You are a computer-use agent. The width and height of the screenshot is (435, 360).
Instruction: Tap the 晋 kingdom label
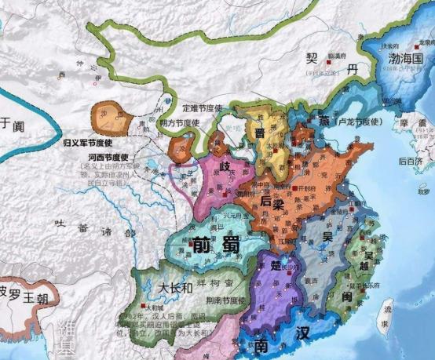pyautogui.click(x=258, y=133)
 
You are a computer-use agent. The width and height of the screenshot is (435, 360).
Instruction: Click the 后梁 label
pyautogui.click(x=269, y=201)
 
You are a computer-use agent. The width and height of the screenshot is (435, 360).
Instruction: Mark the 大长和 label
pyautogui.click(x=176, y=287)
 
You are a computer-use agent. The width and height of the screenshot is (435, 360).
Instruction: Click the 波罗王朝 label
pyautogui.click(x=24, y=298)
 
